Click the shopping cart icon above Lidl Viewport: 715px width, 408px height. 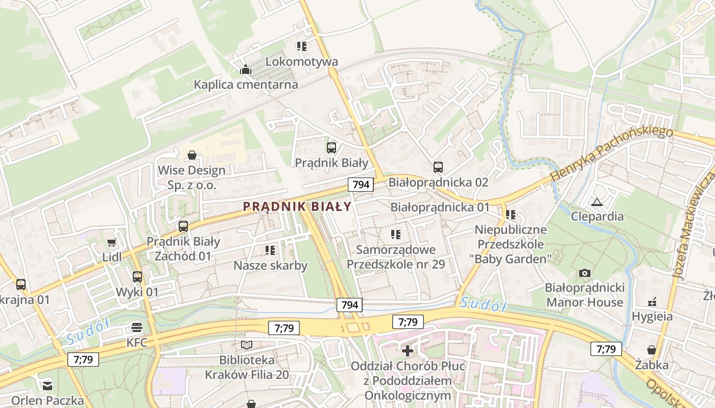click(111, 242)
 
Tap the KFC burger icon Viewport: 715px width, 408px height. click(136, 327)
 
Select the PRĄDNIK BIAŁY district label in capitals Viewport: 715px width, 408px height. click(297, 207)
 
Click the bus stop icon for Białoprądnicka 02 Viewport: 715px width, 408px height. click(438, 167)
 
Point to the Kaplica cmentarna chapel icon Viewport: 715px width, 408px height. click(246, 69)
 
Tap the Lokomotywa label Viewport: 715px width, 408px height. click(301, 62)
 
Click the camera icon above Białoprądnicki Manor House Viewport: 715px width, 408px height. click(585, 273)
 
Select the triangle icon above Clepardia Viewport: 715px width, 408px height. click(597, 202)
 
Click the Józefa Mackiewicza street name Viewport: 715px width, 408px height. click(695, 224)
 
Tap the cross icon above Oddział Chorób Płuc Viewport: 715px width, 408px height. click(407, 351)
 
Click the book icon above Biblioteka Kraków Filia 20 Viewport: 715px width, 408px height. click(247, 345)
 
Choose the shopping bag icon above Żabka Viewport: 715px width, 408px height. click(651, 350)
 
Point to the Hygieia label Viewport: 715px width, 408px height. click(652, 316)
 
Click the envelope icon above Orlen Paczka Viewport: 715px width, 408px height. click(47, 386)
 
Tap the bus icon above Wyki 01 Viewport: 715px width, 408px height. click(137, 277)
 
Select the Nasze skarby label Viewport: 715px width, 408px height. click(270, 265)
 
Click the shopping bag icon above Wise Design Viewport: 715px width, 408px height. click(192, 155)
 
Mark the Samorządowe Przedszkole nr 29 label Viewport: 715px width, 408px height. click(396, 257)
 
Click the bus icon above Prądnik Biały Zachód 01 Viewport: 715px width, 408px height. click(183, 226)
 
